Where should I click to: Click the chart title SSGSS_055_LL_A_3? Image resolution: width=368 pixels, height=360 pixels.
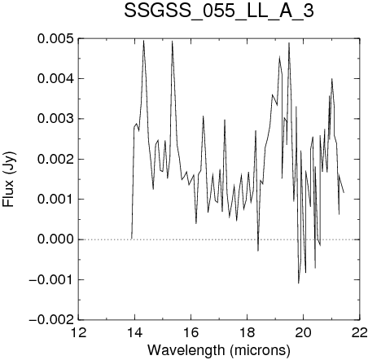coord(219,12)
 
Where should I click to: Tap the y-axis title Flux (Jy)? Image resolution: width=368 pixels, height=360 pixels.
coord(8,179)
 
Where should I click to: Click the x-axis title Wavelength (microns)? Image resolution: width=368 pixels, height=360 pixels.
coord(219,350)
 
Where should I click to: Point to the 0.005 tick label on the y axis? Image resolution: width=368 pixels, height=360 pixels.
coord(55,39)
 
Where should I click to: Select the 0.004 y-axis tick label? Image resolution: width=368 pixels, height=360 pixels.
coord(55,79)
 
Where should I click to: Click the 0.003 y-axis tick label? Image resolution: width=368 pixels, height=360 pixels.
coord(55,119)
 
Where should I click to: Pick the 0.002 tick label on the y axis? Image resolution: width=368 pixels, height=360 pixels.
coord(55,159)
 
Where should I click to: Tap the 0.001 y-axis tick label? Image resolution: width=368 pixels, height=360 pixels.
coord(55,200)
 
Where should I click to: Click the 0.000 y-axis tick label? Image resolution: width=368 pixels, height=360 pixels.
coord(55,239)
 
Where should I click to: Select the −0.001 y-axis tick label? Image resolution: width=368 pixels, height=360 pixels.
coord(51,279)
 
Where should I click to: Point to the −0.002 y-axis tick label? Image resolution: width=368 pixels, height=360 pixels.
coord(51,320)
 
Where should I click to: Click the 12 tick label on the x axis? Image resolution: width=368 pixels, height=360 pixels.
coord(79,332)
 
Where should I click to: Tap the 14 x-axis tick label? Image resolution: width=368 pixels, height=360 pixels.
coord(135,332)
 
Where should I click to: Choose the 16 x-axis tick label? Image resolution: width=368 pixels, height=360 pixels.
coord(191,332)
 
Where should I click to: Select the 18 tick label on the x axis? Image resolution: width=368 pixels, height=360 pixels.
coord(248,332)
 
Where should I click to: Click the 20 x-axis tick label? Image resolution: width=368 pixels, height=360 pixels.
coord(304,332)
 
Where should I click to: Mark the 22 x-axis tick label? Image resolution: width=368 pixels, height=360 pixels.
coord(359,332)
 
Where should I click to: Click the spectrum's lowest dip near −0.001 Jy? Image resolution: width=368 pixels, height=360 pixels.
coord(299,283)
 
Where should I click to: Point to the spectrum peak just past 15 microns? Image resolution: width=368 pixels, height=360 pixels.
coord(172,42)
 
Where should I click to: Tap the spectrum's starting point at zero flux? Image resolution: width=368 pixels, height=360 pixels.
coord(132,239)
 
